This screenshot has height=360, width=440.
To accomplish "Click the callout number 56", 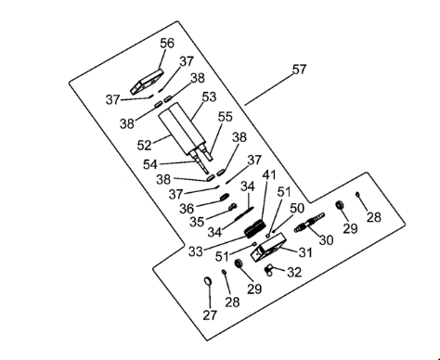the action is [x=167, y=43].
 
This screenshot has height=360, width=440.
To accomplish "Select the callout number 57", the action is [x=299, y=70].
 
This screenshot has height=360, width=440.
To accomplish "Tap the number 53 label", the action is [x=209, y=96].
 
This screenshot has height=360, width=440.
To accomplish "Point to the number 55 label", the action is [x=226, y=117].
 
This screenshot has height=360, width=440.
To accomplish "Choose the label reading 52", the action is [x=144, y=145].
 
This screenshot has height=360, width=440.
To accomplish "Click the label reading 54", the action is [x=150, y=164].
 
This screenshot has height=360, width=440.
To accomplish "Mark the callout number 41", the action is [x=269, y=175].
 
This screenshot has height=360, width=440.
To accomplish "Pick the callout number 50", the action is [x=297, y=209].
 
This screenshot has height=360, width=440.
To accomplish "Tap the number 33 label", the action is [x=196, y=251].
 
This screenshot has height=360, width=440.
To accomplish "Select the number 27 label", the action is [x=210, y=315].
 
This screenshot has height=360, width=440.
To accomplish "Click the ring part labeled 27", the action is [x=208, y=281].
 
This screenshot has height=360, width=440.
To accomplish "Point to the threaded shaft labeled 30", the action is [x=309, y=223].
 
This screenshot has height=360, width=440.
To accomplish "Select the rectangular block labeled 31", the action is [x=268, y=247].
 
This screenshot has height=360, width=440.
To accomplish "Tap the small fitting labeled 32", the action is [x=268, y=271].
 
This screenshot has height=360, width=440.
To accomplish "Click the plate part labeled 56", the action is [x=147, y=82].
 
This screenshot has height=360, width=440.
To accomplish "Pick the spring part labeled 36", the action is [x=225, y=197].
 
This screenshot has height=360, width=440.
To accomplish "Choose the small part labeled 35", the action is [x=232, y=207].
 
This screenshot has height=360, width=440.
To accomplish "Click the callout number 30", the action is [x=326, y=239].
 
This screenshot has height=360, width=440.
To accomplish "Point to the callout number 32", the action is [x=294, y=272].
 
